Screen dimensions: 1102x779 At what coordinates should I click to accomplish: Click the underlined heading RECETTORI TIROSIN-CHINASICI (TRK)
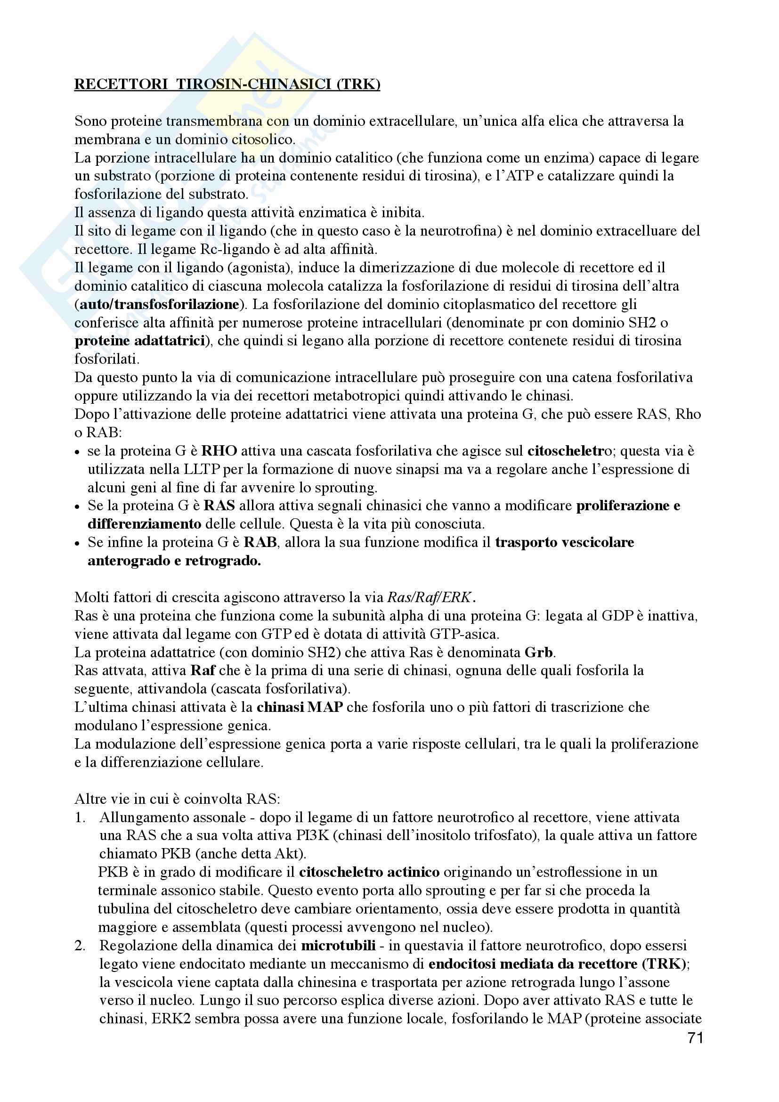point(227,84)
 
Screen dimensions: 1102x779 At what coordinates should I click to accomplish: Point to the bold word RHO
point(219,451)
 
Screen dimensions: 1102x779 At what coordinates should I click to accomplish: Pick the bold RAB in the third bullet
point(260,542)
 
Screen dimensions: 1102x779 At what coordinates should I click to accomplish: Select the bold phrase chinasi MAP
point(300,708)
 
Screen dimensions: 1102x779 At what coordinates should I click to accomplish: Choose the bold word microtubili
point(338,946)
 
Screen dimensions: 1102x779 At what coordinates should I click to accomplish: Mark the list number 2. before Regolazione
point(80,946)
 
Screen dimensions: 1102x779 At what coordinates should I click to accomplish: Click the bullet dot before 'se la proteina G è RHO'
point(78,452)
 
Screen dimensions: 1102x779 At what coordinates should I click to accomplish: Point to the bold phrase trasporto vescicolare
point(565,542)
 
